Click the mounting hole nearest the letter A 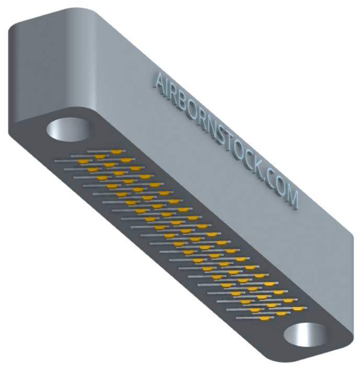67,130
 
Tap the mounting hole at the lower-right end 306,335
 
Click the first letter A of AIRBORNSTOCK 161,83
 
